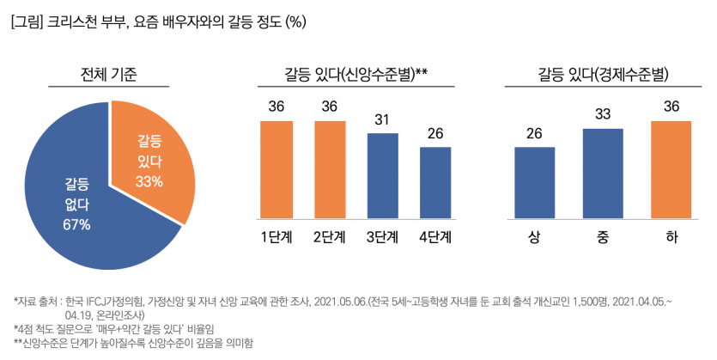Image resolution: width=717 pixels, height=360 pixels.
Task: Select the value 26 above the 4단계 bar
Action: pos(435,134)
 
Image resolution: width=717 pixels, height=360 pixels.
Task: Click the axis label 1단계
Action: pos(276,237)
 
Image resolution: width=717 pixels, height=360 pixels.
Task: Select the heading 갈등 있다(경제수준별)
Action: pos(603,74)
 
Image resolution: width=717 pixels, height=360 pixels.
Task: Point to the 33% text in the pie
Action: pos(149,181)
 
